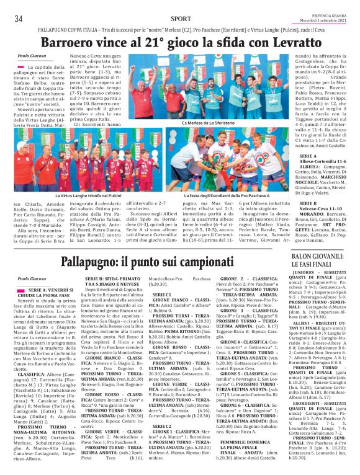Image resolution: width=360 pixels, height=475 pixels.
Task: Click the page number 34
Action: [x=18, y=18]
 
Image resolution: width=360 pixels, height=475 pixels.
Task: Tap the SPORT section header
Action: [x=180, y=19]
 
